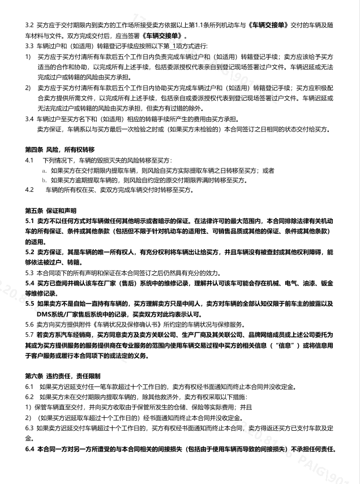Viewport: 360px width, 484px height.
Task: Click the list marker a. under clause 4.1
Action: (x=44, y=170)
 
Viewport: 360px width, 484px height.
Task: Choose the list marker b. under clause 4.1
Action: (x=44, y=180)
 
